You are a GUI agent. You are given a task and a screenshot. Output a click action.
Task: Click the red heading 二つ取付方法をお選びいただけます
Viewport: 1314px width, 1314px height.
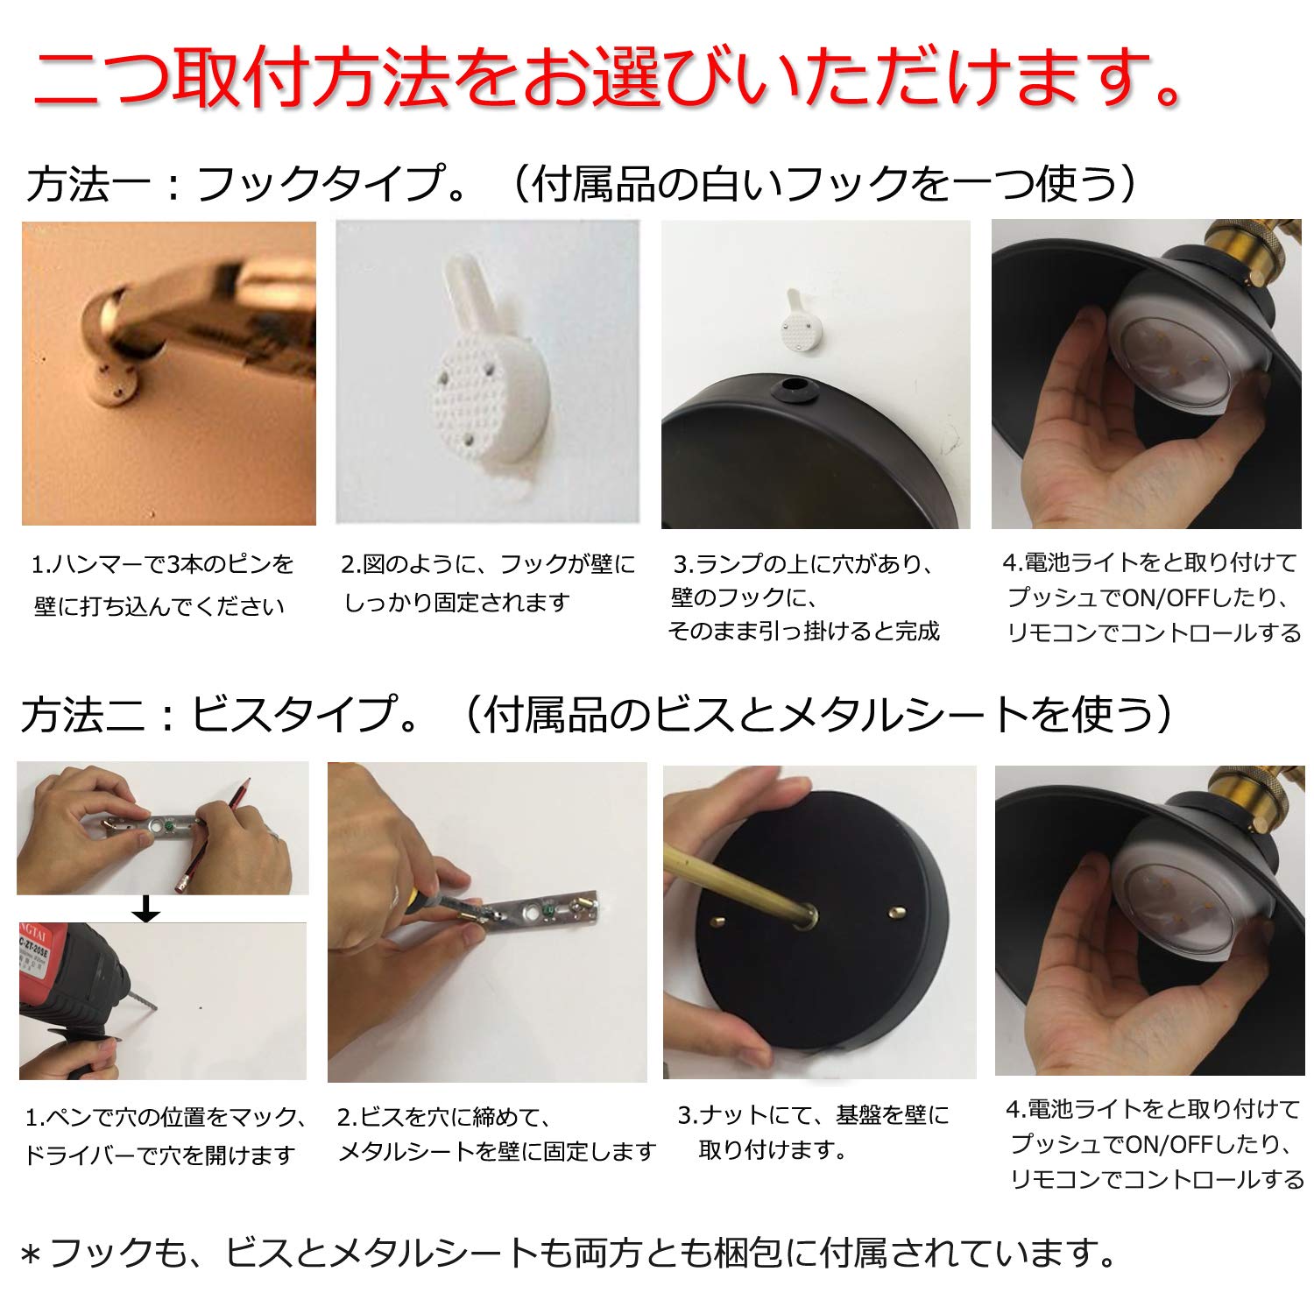point(604,79)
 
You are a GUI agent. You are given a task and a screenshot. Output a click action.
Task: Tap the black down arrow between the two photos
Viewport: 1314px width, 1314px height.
point(146,908)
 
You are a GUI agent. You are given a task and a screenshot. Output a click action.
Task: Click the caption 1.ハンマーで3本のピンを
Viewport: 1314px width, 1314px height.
point(163,565)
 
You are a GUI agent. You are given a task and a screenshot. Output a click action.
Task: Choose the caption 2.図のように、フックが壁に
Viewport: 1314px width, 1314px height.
point(488,565)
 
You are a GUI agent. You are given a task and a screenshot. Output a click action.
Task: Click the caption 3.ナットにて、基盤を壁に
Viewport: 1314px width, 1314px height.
point(813,1115)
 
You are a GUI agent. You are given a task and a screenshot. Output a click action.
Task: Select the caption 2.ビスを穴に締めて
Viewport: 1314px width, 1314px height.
point(444,1117)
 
